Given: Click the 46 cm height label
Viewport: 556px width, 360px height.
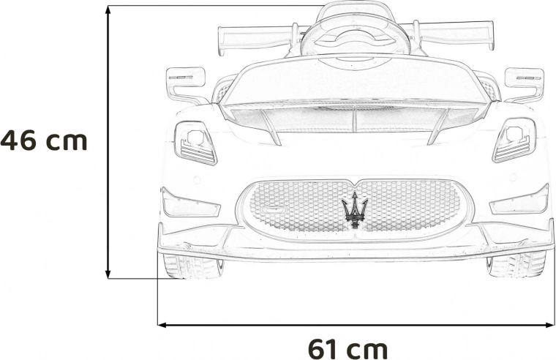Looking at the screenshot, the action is [44, 140].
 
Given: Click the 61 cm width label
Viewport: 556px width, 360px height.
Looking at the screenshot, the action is [347, 349].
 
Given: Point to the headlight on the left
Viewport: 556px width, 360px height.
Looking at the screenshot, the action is [195, 143].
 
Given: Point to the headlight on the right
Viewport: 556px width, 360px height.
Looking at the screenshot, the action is [514, 140].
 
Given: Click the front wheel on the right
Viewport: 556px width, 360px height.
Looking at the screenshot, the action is [516, 264].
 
